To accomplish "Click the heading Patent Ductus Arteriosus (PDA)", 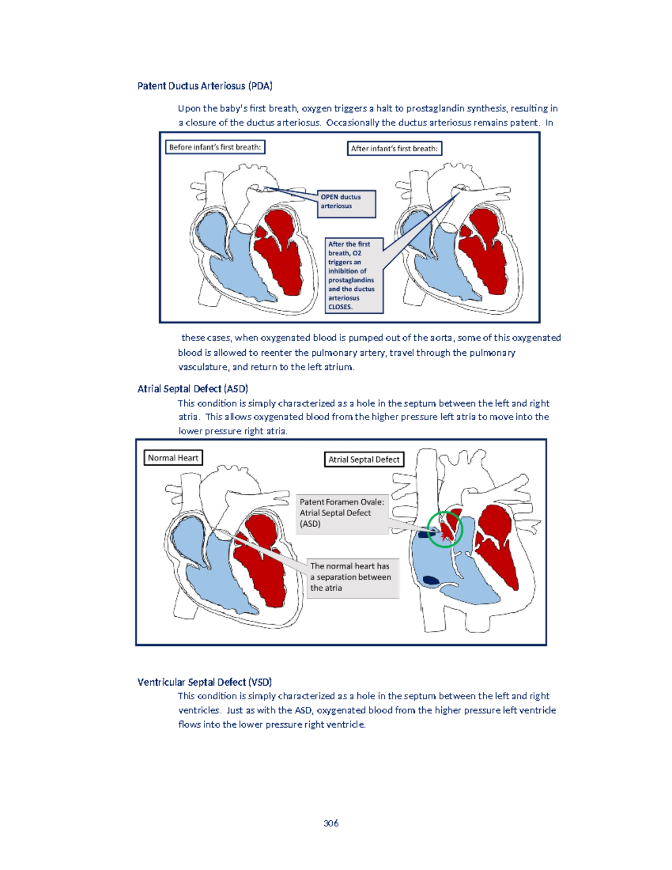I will click(x=205, y=86).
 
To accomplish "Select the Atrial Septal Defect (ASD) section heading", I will click(x=193, y=389).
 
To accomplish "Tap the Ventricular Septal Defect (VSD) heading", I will click(x=204, y=682).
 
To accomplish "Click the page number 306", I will click(x=331, y=823).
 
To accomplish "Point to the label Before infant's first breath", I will click(x=215, y=147).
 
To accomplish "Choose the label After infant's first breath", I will click(x=394, y=148).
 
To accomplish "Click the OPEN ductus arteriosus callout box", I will click(x=346, y=203).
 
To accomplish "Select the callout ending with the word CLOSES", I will click(x=354, y=276).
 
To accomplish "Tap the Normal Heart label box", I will click(x=173, y=458).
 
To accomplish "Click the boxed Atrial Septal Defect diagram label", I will click(x=364, y=459).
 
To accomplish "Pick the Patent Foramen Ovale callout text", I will click(x=342, y=513).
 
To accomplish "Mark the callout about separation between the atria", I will click(x=352, y=577).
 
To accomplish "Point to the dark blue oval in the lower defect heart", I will click(x=431, y=580).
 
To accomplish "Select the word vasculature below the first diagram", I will click(x=203, y=367).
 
